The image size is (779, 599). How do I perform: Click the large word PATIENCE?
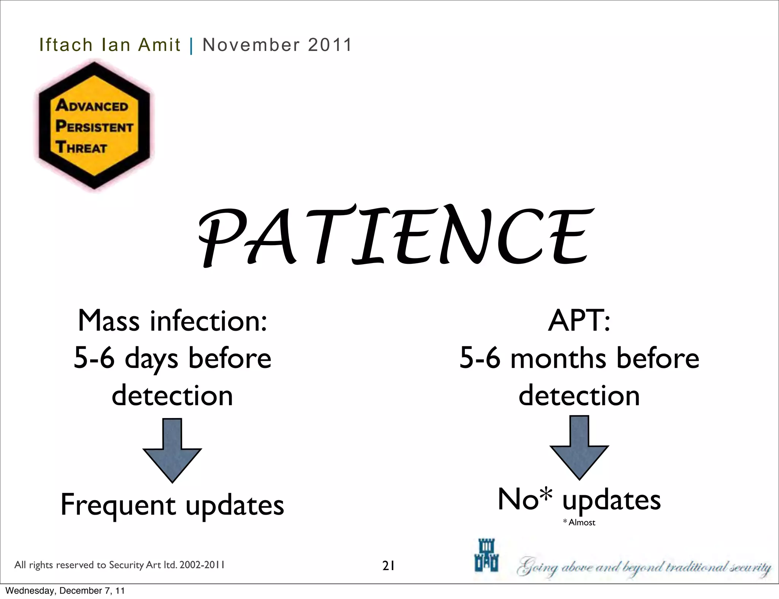(x=396, y=236)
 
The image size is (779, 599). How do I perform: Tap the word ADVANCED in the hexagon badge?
(x=92, y=105)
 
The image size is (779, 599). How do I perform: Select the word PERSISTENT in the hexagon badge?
(x=94, y=126)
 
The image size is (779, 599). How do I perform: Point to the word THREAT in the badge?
(x=81, y=147)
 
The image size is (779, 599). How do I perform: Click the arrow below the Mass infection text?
(x=172, y=450)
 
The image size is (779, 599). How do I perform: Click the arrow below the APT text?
(x=579, y=447)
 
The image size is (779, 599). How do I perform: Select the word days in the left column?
(x=151, y=359)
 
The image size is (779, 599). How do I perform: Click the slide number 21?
(x=388, y=566)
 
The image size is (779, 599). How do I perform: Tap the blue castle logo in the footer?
(x=486, y=555)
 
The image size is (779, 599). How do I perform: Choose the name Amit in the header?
(x=159, y=45)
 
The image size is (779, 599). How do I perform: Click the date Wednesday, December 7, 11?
(x=65, y=591)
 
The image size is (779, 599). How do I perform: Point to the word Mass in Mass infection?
(x=109, y=321)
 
